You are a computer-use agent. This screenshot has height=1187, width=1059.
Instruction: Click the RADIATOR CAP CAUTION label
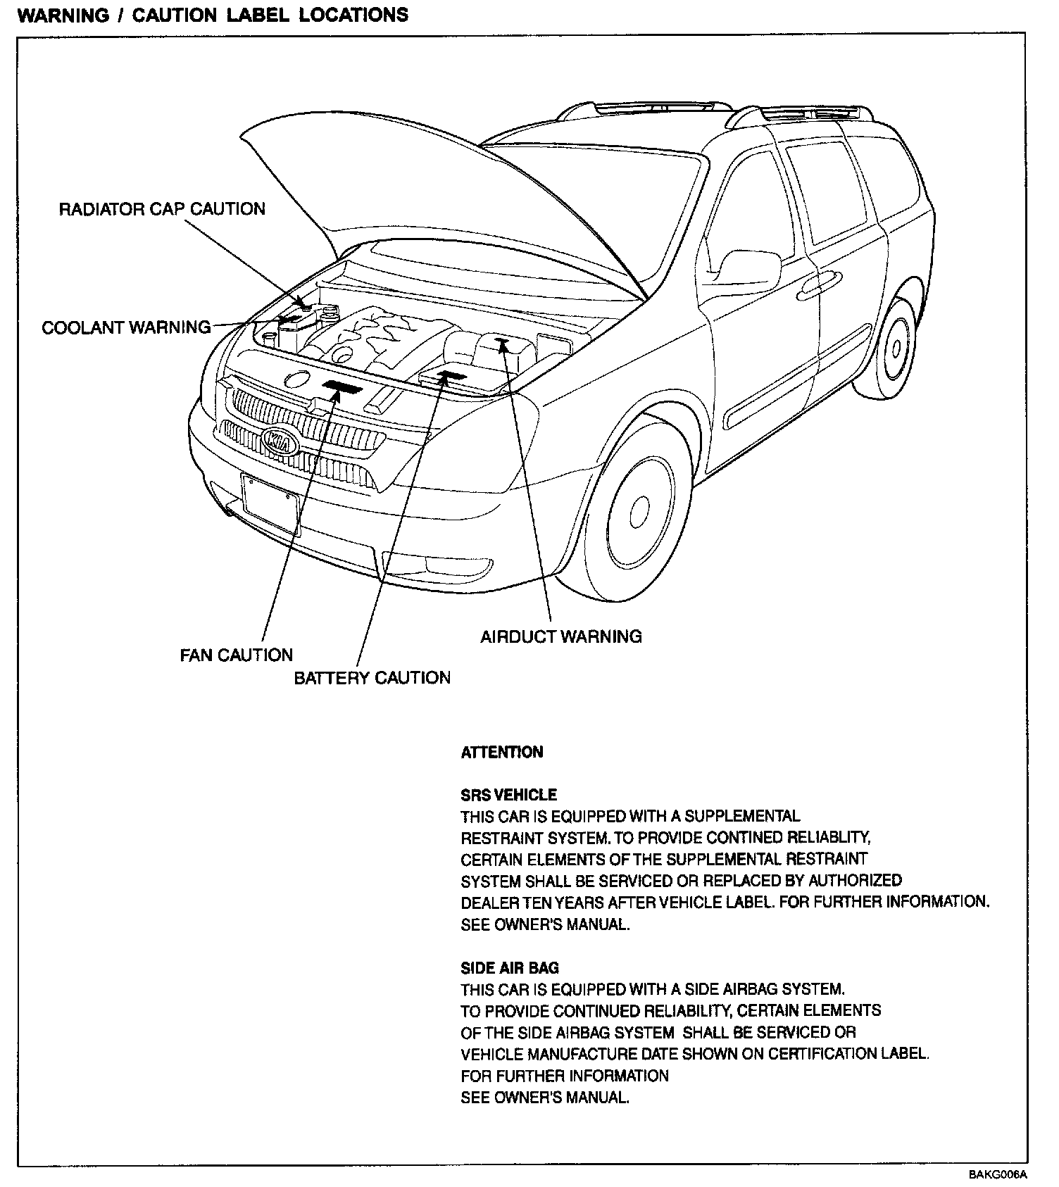[x=162, y=209]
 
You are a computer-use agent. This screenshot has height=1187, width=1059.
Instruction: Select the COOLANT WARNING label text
[x=126, y=327]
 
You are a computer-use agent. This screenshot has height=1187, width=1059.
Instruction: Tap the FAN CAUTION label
[x=236, y=655]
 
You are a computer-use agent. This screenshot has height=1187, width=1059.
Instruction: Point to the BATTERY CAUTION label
[x=372, y=677]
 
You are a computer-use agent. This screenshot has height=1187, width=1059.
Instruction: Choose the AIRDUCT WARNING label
[x=561, y=636]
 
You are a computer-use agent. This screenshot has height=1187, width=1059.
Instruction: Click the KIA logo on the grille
[x=280, y=441]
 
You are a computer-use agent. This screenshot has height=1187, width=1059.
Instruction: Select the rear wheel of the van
[x=894, y=348]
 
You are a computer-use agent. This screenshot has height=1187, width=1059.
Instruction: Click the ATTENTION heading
[x=502, y=752]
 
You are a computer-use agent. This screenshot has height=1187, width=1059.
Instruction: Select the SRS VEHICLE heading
[x=508, y=795]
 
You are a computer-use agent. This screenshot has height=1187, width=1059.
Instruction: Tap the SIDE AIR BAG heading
[x=510, y=968]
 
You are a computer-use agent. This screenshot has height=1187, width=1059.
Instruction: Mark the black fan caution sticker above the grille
[x=342, y=386]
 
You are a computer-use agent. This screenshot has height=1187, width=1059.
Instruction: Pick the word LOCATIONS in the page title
[x=353, y=15]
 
